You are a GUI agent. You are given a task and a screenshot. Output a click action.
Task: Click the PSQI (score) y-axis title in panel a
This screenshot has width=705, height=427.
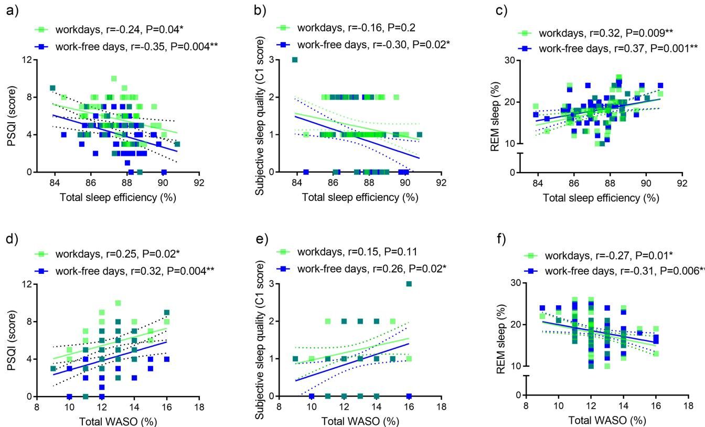pos(9,115)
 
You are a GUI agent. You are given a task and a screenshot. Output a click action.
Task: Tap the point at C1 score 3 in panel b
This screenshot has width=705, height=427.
pos(295,59)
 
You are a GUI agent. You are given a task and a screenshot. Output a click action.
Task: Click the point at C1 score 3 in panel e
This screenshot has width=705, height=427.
pos(409,284)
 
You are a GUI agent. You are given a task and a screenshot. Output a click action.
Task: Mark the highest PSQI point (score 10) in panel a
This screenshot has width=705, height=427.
pos(114,79)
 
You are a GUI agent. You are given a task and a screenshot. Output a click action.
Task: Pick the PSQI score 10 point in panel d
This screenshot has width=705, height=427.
pos(118,303)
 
